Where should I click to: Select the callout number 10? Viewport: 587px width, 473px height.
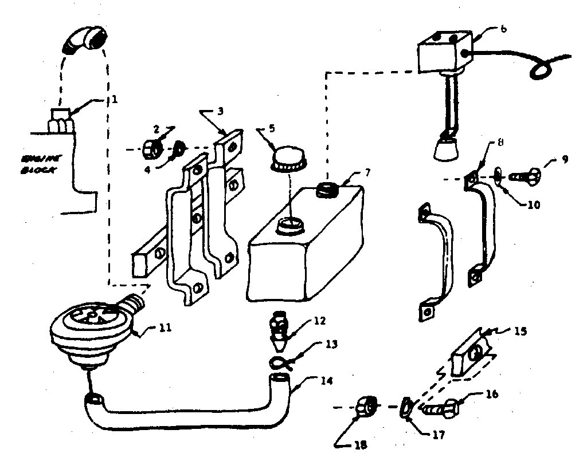coord(534,204)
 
